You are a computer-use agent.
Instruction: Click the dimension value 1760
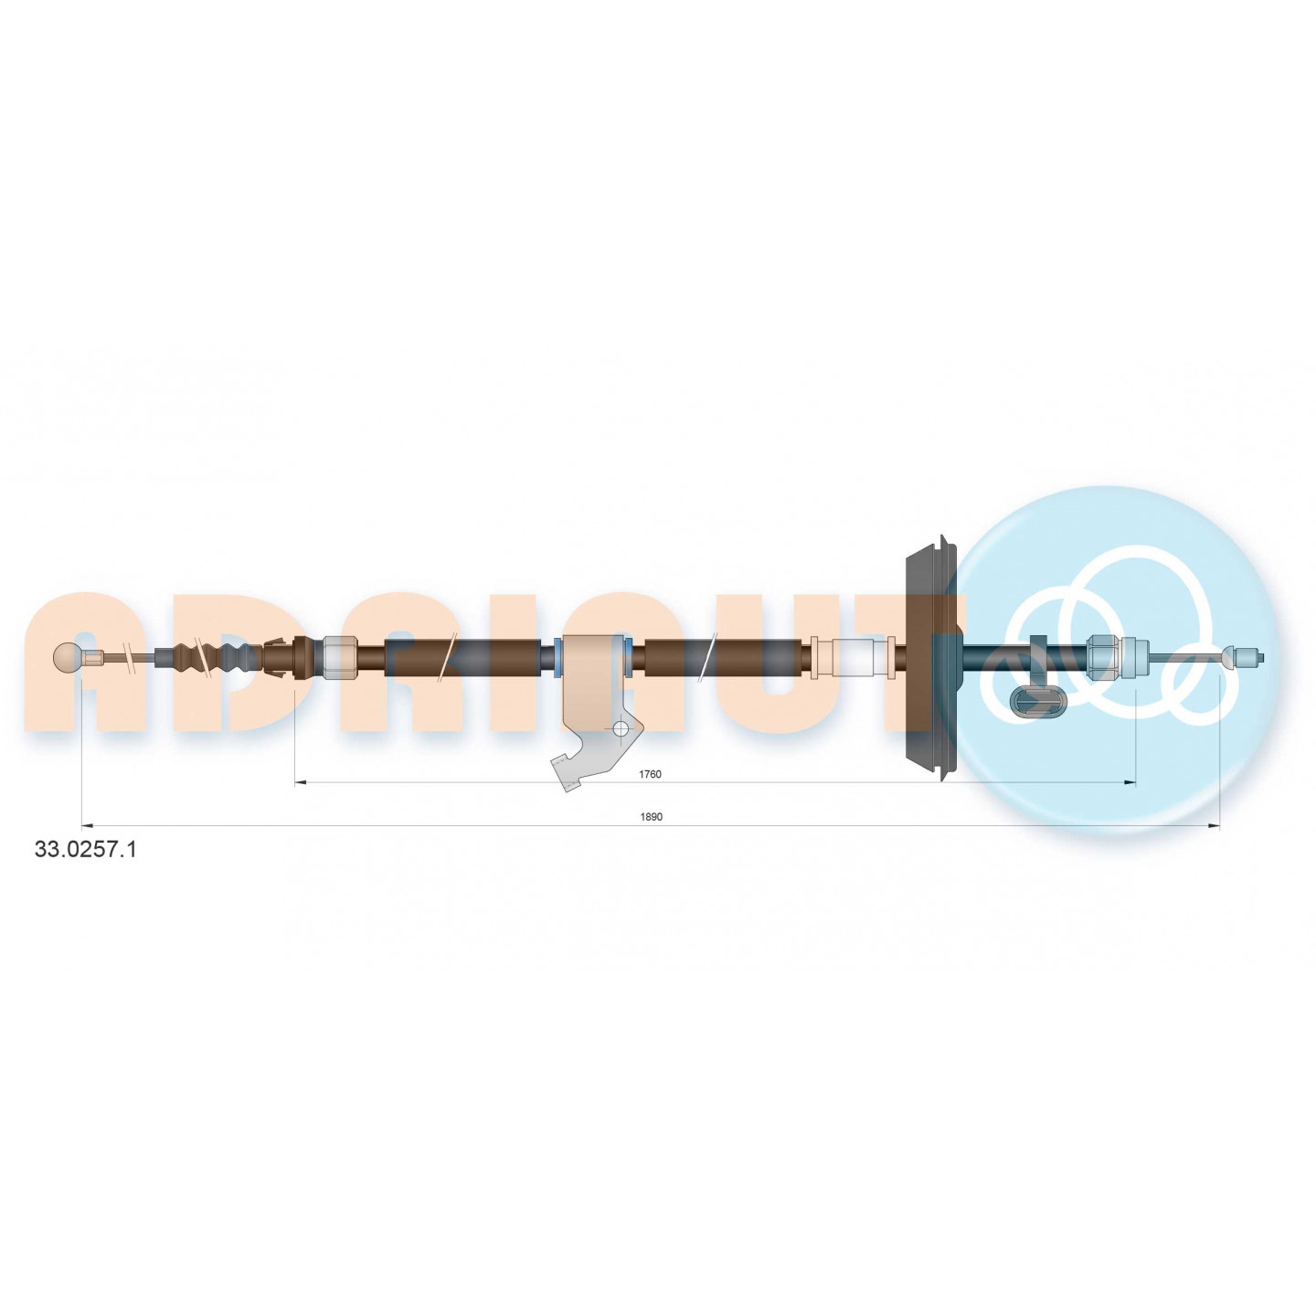pyautogui.click(x=650, y=774)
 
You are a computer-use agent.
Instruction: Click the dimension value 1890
pyautogui.click(x=651, y=816)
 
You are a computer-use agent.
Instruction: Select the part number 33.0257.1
pyautogui.click(x=85, y=850)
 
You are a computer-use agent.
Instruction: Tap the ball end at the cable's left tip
pyautogui.click(x=67, y=658)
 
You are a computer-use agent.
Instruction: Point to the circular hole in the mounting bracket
pyautogui.click(x=621, y=728)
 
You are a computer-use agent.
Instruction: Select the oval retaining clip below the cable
pyautogui.click(x=1036, y=701)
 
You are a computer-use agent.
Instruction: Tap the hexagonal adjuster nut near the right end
pyautogui.click(x=1104, y=658)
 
